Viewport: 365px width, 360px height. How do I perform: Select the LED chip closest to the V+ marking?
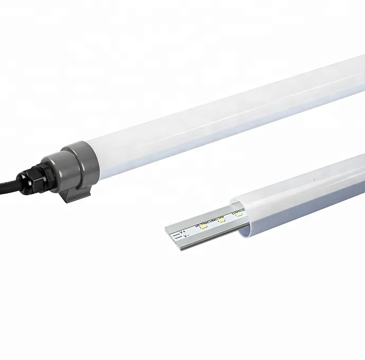[x=204, y=226]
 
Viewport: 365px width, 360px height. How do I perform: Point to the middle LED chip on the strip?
[x=222, y=219]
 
